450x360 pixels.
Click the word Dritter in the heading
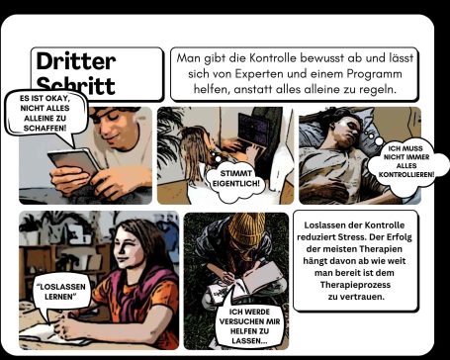(x=76, y=61)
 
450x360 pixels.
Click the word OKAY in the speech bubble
(x=61, y=98)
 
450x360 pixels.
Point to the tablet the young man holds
(x=74, y=162)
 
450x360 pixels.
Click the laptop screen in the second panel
(x=253, y=130)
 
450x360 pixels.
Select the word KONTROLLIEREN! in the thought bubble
(x=406, y=174)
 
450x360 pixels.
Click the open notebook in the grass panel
(x=254, y=280)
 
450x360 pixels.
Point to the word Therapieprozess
(x=355, y=285)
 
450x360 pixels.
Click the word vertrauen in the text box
(x=363, y=297)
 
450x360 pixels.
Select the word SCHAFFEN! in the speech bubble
(x=45, y=128)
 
